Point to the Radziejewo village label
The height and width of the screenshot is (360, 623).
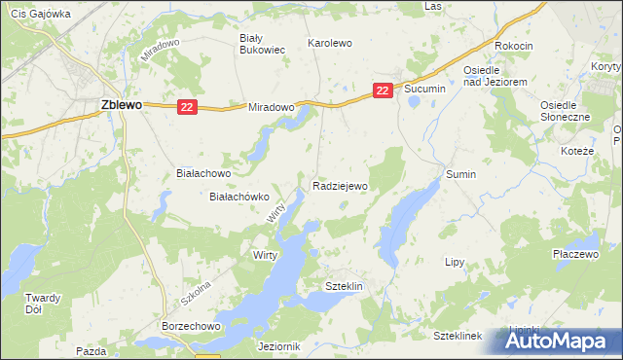pos(340,184)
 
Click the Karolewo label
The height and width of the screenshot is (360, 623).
pos(329,44)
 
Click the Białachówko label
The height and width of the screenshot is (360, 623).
pos(239,196)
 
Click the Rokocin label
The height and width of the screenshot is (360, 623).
pos(513,46)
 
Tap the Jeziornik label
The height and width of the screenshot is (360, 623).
pos(280,345)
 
